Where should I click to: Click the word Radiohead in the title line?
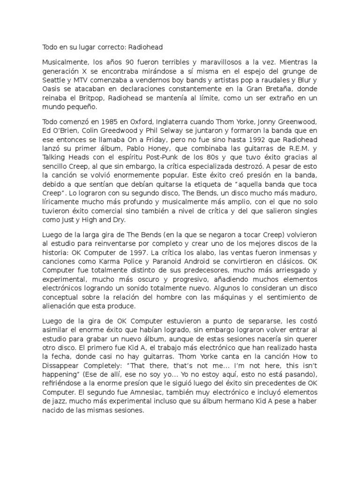coord(145,47)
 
